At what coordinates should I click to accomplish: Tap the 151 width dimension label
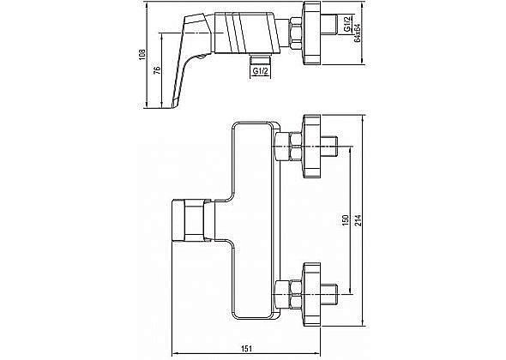coord(246,348)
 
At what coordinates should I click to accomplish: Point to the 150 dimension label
coord(346,220)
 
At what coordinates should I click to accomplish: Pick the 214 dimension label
coord(358,220)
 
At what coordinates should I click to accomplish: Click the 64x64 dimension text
coord(357,33)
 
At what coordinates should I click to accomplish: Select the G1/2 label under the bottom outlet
coord(261,70)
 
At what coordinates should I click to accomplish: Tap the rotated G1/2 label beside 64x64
coord(347,24)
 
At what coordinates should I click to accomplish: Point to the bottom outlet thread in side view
coord(260,59)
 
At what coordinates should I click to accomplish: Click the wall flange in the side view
coord(312,33)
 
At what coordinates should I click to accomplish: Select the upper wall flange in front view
coord(312,146)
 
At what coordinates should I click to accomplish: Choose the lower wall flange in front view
coord(312,294)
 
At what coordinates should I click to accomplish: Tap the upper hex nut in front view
coord(296,146)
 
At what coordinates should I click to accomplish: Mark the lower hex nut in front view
coord(296,294)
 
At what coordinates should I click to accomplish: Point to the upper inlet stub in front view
coord(329,146)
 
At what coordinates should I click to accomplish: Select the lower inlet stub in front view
coord(329,294)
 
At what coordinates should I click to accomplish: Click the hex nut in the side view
coord(296,33)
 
